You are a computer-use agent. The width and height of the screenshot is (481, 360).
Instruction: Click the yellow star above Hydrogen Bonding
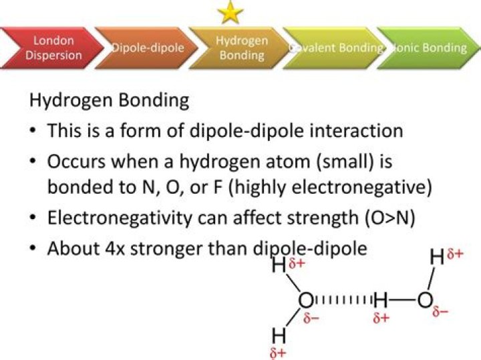(x=230, y=12)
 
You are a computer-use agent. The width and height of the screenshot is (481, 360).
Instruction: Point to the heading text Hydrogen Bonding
(x=109, y=102)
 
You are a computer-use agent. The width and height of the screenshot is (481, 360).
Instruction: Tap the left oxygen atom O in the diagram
(x=305, y=301)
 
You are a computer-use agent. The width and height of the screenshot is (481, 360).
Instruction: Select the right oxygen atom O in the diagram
(x=425, y=301)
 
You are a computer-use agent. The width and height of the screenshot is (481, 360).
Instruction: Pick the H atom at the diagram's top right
(x=437, y=257)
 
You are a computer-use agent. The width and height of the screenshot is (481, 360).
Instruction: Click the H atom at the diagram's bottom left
(x=279, y=335)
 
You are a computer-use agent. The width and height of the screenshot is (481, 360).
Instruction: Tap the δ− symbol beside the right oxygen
(x=440, y=312)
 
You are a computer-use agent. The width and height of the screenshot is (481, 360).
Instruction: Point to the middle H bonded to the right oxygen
(x=381, y=301)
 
